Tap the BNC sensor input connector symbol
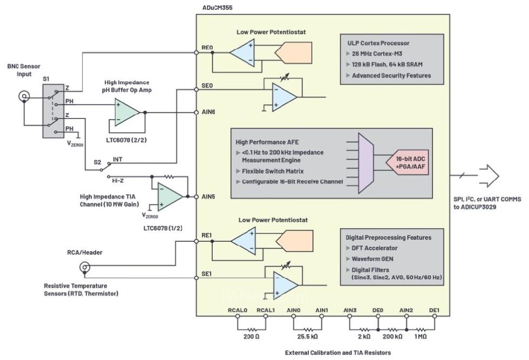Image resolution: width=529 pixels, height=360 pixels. pyautogui.click(x=24, y=97)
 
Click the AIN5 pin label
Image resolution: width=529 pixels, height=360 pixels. pyautogui.click(x=208, y=196)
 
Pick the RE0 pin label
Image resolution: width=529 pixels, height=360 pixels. pyautogui.click(x=207, y=48)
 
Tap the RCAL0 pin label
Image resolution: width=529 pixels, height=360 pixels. pyautogui.click(x=238, y=310)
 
